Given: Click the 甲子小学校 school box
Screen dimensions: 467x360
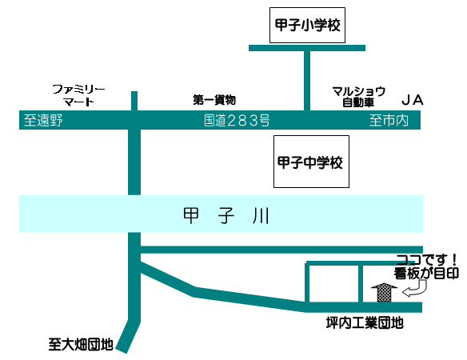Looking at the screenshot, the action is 307,26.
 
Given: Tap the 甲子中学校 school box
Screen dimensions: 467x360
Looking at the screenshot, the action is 311,162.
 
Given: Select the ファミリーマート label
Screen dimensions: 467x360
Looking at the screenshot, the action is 78,95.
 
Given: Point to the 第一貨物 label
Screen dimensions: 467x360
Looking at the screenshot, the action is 214,100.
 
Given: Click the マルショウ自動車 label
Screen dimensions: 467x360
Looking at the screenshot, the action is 358,97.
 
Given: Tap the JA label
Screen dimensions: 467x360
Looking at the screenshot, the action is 413,100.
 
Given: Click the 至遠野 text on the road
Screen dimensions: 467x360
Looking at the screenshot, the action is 43,120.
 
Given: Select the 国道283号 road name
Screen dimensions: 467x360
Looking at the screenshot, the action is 237,120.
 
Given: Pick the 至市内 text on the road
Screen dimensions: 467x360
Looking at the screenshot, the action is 389,120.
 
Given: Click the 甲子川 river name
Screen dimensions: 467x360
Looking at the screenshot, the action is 226,215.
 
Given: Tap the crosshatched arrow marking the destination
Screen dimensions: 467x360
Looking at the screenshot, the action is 384,293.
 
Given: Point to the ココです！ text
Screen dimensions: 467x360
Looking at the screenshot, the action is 426,260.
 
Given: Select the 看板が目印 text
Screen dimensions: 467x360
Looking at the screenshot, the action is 426,273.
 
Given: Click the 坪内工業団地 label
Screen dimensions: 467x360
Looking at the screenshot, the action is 365,322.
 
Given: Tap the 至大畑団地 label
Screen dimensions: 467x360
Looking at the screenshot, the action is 81,344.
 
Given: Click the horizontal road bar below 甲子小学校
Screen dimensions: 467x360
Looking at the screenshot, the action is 307,48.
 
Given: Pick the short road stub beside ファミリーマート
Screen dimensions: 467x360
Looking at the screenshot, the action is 134,101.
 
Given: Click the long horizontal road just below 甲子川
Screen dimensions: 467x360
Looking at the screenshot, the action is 281,250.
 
